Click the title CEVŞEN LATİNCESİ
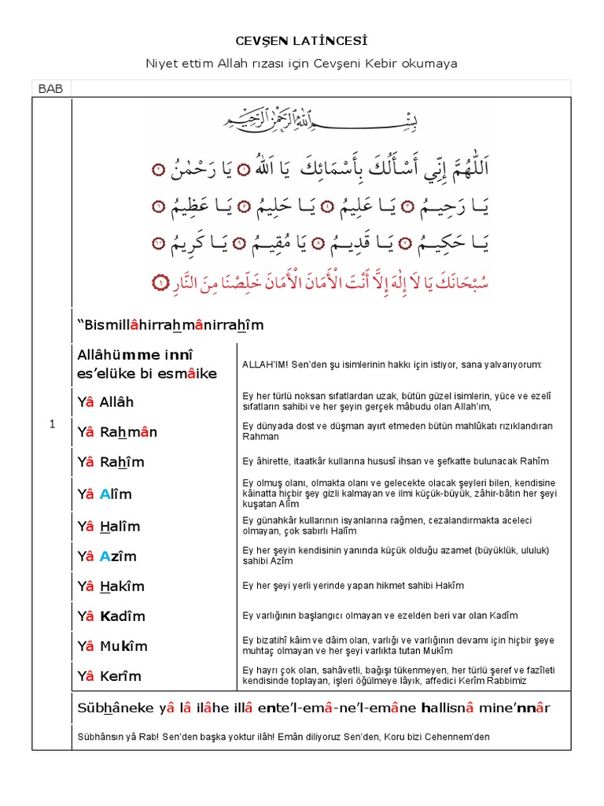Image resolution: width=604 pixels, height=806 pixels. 302,39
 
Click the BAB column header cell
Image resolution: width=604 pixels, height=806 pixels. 50,89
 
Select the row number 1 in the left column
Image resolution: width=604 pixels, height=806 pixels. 52,424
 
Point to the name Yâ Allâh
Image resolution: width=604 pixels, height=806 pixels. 106,402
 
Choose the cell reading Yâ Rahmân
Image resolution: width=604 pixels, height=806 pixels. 117,432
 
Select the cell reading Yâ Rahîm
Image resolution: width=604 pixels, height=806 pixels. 111,462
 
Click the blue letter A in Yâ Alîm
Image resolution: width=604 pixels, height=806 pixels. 105,495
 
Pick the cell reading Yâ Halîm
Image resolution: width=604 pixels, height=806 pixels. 109,527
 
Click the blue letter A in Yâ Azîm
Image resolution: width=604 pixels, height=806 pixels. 105,556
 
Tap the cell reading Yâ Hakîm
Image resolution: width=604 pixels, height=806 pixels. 111,586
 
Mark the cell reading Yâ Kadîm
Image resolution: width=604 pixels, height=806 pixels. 112,616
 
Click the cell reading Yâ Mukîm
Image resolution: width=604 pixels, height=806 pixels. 112,646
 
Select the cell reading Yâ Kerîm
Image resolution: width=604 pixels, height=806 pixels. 109,676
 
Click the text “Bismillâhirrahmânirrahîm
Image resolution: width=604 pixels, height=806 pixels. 170,325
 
